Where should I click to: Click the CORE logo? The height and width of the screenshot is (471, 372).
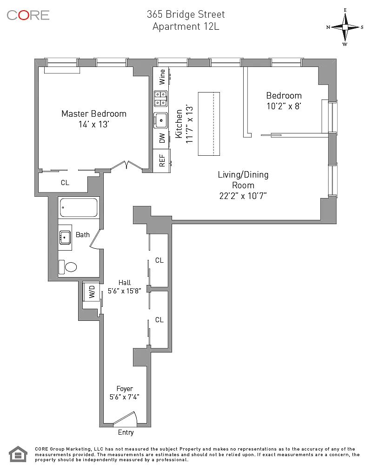[28, 15]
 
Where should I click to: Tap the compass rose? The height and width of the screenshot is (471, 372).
[345, 27]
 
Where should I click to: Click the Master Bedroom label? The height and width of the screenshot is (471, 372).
[94, 114]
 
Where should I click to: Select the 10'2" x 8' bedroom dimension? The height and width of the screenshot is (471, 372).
[284, 106]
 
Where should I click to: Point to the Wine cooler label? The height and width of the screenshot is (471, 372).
[162, 77]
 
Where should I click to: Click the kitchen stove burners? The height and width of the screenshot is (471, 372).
[161, 99]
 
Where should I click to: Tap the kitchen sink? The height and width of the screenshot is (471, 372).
[161, 120]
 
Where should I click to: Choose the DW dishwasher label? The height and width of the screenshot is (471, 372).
[162, 138]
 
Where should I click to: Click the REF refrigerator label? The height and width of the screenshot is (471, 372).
[162, 160]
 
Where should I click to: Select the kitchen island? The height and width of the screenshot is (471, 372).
[209, 124]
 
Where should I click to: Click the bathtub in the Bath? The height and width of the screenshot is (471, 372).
[79, 207]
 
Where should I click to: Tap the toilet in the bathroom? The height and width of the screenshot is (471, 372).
[67, 267]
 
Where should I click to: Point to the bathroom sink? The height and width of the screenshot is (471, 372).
[65, 238]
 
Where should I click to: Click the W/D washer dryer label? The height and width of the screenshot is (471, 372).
[92, 292]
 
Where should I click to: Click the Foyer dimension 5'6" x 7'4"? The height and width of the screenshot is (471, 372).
[125, 397]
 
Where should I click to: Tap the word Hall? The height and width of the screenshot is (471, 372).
[125, 283]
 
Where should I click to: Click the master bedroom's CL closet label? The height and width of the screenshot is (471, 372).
[65, 183]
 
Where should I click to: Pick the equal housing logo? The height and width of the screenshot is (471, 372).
[18, 454]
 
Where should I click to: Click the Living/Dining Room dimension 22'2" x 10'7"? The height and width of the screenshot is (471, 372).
[243, 196]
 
